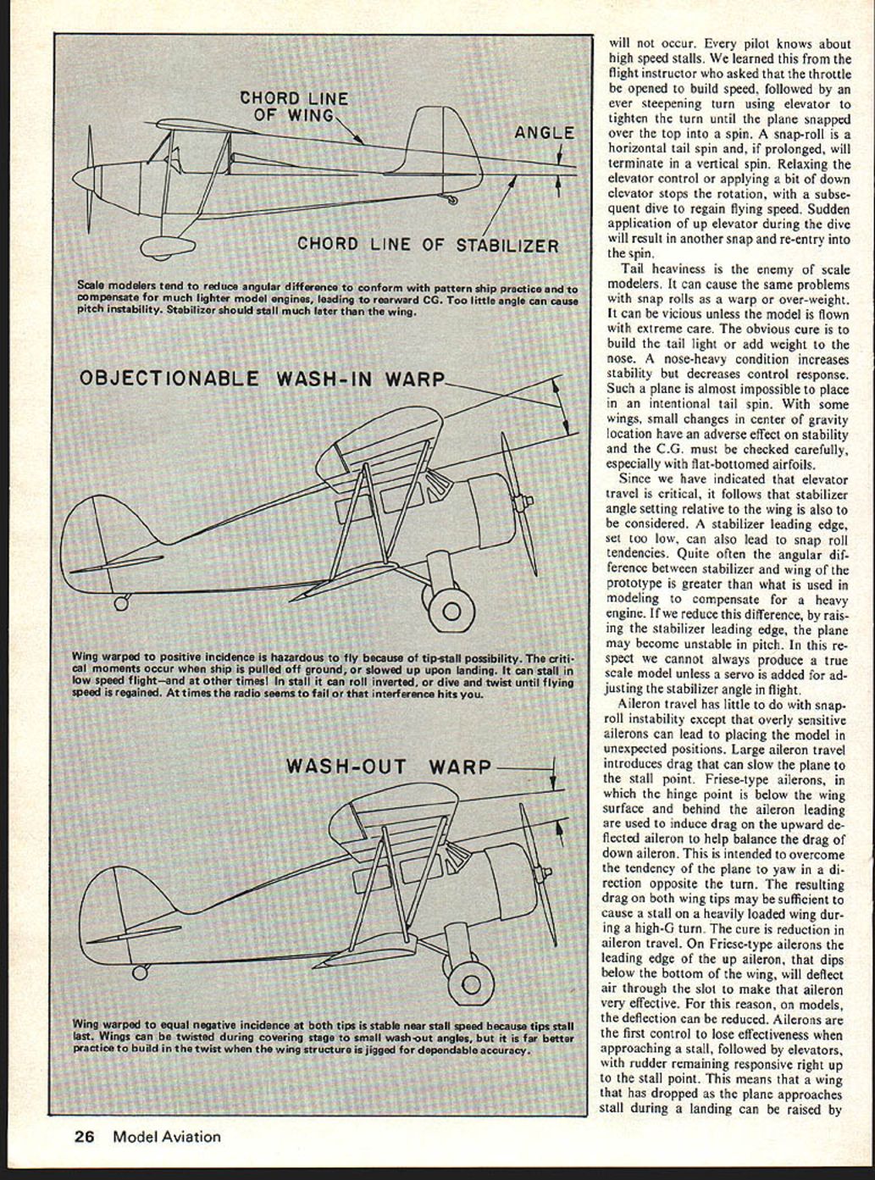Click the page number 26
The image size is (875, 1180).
(83, 1137)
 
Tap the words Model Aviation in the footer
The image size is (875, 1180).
(167, 1137)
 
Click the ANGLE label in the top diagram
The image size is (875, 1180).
(544, 133)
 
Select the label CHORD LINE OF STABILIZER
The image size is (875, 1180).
(428, 246)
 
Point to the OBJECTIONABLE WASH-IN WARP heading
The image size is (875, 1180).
(262, 378)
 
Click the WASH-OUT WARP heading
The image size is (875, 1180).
(389, 767)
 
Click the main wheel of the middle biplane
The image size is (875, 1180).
(451, 608)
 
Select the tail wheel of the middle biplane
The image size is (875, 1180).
(122, 603)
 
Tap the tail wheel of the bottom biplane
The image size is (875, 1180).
(140, 972)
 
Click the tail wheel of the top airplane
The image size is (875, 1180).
(452, 200)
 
